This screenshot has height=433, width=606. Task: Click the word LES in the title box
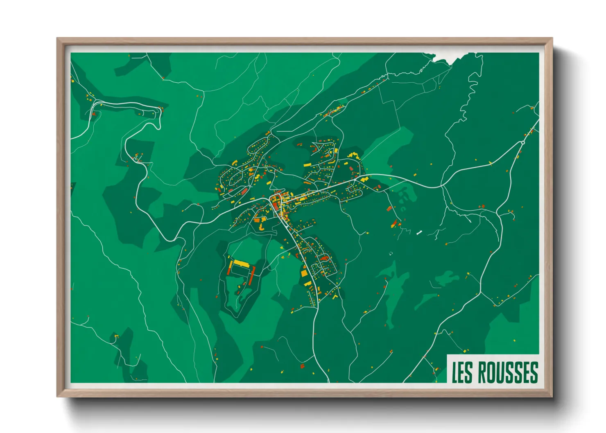pyautogui.click(x=462, y=372)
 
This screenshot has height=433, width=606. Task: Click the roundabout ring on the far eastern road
pyautogui.click(x=523, y=142)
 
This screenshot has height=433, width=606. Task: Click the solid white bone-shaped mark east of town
pyautogui.click(x=419, y=233)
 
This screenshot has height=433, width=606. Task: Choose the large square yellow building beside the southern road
pyautogui.click(x=305, y=273)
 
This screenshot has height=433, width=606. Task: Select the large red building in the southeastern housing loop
pyautogui.click(x=325, y=258)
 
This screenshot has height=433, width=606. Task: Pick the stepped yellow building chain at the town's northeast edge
pyautogui.click(x=353, y=155)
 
